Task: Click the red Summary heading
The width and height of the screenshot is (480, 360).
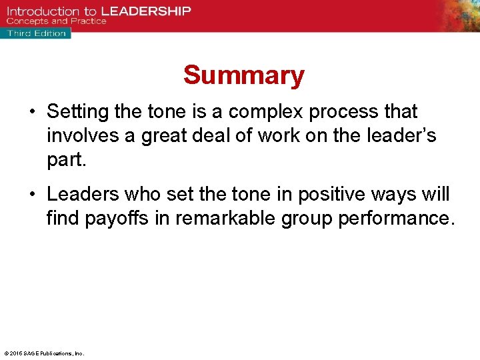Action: pos(243,75)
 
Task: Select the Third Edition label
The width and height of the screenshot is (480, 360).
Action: pos(36,33)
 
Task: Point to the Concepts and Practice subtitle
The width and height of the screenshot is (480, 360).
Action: pos(57,21)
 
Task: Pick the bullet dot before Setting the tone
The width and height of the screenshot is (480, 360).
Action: pos(33,111)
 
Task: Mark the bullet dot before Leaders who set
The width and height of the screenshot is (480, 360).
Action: pos(33,195)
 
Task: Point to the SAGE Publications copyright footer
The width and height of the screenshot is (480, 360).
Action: pos(43,353)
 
